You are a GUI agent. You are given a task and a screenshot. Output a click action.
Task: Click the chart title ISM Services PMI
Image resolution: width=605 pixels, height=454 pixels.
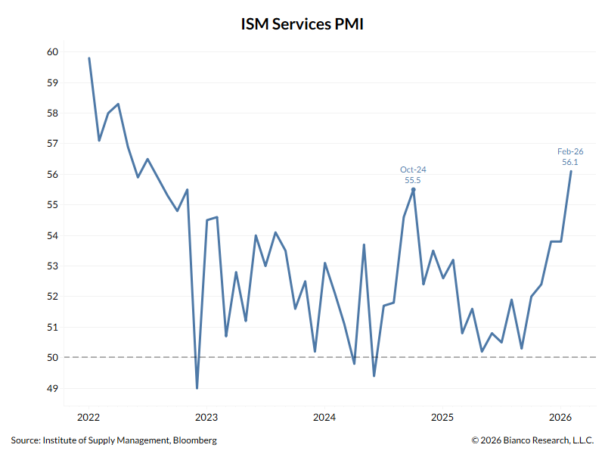pos(302,24)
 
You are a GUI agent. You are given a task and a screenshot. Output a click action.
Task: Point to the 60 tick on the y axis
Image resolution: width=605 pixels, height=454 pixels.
pos(52,52)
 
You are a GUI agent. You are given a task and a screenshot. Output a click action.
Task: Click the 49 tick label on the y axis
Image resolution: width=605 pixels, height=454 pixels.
pos(52,389)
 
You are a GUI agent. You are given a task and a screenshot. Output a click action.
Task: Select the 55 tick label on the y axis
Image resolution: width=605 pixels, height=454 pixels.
pos(52,205)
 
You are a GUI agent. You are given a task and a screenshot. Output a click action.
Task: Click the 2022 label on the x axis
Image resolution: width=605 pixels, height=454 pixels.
pos(88,417)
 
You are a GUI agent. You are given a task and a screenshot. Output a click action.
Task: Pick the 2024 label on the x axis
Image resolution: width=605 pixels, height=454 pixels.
pos(324,417)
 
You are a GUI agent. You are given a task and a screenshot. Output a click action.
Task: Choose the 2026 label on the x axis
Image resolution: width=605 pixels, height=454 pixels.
pos(560,417)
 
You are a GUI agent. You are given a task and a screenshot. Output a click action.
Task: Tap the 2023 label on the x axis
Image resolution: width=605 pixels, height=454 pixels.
pos(206,417)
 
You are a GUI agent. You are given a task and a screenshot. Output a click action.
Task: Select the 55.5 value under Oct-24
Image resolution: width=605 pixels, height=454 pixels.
pos(413,180)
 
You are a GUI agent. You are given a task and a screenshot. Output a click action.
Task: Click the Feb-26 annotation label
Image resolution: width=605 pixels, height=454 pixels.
pos(570,151)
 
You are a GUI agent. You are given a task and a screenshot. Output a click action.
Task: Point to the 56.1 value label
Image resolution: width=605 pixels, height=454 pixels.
pos(570,162)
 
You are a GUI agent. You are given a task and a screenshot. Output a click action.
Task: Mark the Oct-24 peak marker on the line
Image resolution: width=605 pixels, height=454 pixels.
pos(413,189)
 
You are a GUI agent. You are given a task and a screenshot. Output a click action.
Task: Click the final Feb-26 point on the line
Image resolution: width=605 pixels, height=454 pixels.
pos(570,171)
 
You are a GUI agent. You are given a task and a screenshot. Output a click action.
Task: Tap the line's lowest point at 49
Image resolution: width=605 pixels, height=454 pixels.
pos(197,388)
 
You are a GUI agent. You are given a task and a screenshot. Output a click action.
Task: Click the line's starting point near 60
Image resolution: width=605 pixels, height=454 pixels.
pos(89,58)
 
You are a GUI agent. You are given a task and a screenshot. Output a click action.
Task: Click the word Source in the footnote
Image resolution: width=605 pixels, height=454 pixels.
pos(25,440)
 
